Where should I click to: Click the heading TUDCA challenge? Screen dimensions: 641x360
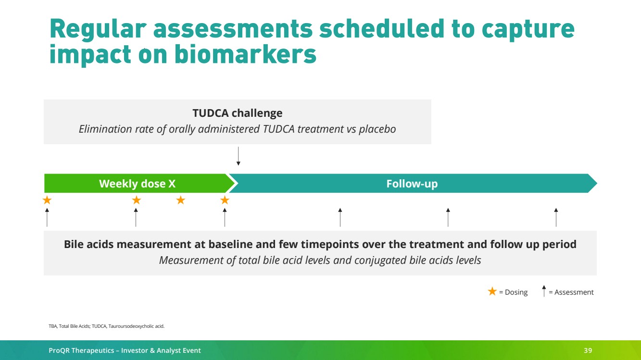point(237,113)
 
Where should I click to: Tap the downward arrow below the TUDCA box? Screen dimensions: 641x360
point(239,156)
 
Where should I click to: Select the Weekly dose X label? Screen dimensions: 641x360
point(138,184)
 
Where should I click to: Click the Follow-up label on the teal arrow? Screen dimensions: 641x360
point(412,184)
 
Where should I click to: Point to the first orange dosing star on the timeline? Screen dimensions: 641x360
point(47,200)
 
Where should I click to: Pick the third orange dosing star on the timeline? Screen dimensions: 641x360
point(181,200)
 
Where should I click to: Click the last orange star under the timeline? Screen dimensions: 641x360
point(225,200)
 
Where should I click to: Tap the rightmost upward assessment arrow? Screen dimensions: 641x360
point(556,217)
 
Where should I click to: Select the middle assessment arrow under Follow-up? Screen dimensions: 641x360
point(448,217)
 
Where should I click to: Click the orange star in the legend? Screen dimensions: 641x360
point(492,291)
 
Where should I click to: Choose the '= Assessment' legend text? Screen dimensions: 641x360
point(571,292)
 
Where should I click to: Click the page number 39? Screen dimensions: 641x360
point(588,350)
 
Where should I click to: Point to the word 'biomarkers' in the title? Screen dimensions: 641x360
point(246,54)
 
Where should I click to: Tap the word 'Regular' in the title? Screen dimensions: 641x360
point(98,29)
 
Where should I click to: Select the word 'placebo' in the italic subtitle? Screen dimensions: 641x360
point(377,129)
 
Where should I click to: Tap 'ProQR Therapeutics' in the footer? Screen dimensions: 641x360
point(81,350)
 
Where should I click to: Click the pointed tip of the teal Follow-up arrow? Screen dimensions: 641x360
point(597,183)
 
